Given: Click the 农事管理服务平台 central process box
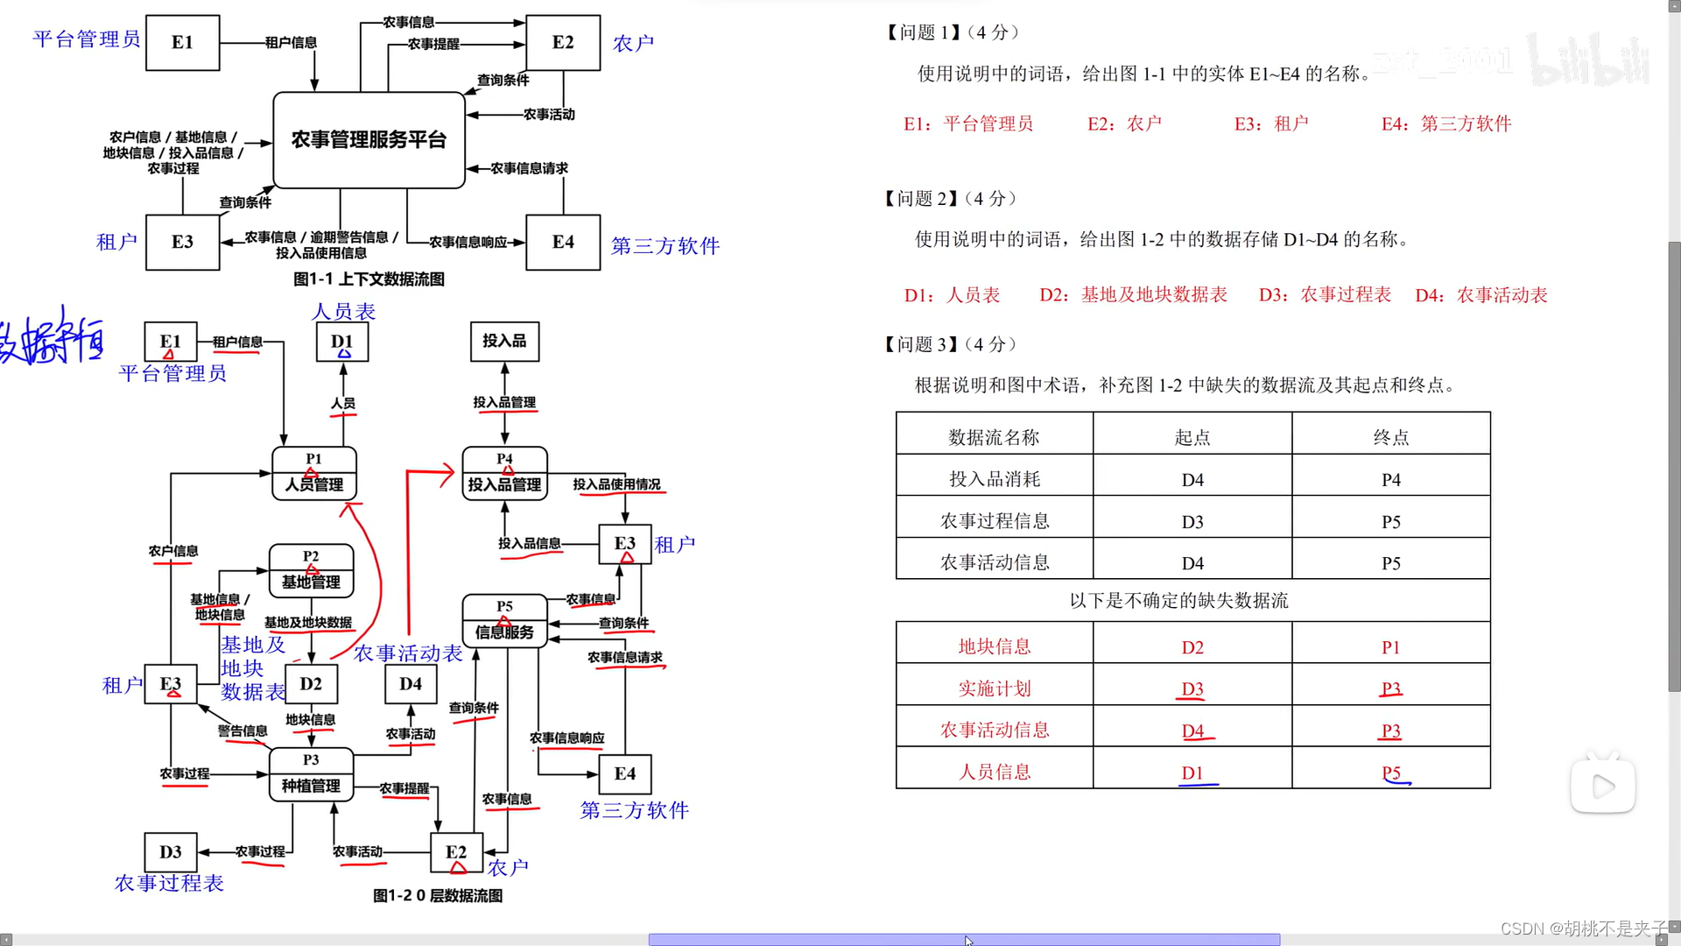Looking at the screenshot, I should pos(369,140).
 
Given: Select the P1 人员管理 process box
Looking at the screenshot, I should pos(313,474).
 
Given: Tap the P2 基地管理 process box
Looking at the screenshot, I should pos(311,571).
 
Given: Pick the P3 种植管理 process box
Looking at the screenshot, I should pos(311,774).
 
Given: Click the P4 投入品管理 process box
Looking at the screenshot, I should pos(504,474).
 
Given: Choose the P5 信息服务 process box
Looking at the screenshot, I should pos(504,621).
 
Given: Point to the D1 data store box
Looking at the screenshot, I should pos(342,342).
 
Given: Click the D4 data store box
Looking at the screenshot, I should pos(411,684).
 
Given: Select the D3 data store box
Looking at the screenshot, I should pos(171,852).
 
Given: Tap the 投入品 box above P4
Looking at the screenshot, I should pos(504,341).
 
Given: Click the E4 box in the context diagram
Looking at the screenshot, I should pos(563,243).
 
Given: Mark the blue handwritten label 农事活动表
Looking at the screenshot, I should pos(408,653).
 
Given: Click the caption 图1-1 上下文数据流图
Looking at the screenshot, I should pos(369,279).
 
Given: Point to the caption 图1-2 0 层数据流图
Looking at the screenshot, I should pos(438,896).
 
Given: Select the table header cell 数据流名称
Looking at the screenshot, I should pos(994,437).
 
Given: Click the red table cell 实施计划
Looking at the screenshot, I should pos(994,689).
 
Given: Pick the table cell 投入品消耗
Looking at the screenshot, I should pos(994,479).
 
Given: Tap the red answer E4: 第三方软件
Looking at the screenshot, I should pos(1446,124).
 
